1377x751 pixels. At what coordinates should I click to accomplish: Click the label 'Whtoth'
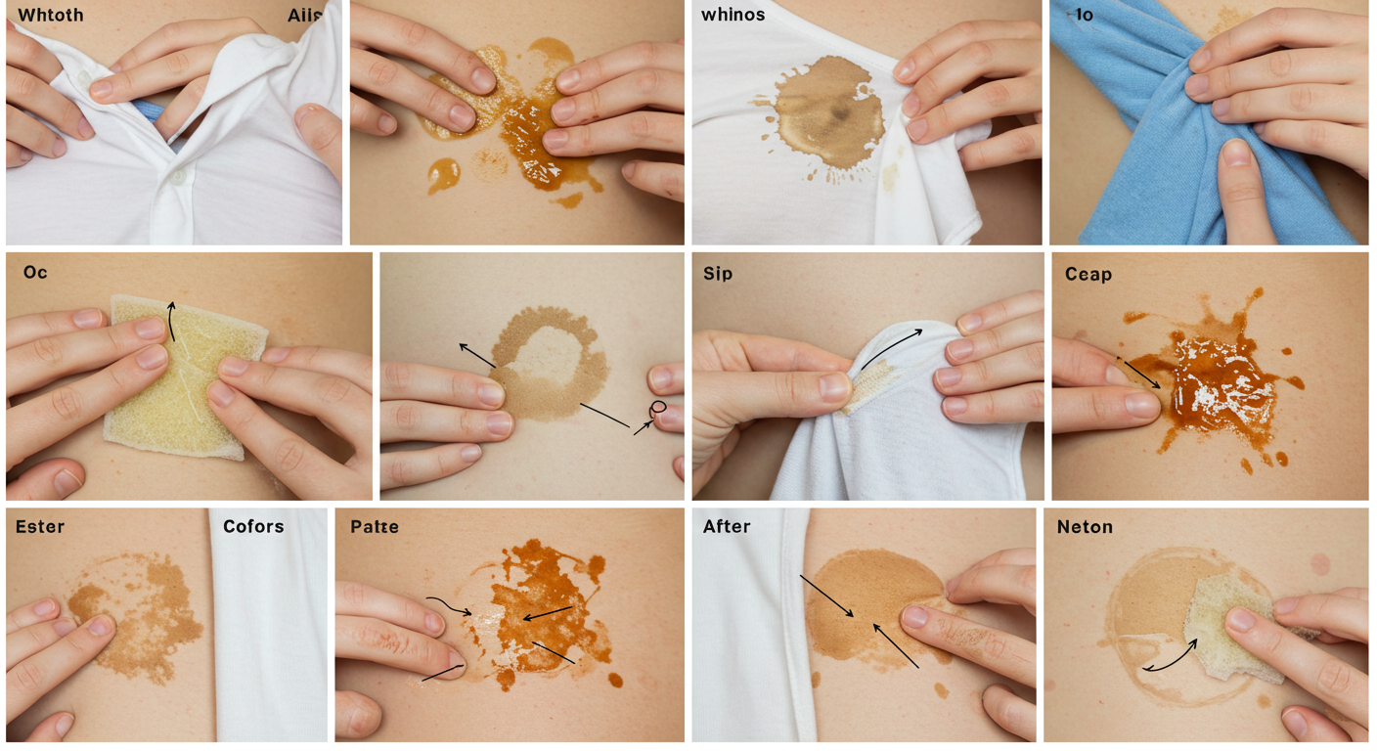[51, 15]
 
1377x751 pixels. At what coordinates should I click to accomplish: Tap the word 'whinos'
[733, 15]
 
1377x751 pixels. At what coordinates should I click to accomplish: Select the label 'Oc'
[35, 272]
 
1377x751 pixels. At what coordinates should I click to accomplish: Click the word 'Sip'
[718, 274]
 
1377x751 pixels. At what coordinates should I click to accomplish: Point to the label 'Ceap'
[1088, 274]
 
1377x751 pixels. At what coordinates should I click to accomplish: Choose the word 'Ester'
[40, 527]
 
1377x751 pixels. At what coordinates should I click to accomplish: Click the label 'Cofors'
[253, 527]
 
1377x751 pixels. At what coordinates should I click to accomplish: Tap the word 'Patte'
[375, 527]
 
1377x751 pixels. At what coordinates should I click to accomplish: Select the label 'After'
[727, 527]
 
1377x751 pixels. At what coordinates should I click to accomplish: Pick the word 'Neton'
[1085, 527]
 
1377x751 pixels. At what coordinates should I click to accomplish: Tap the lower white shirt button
[178, 177]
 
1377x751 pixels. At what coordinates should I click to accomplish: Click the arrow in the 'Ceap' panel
[1142, 375]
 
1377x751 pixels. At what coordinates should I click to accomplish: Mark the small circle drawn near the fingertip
[658, 407]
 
